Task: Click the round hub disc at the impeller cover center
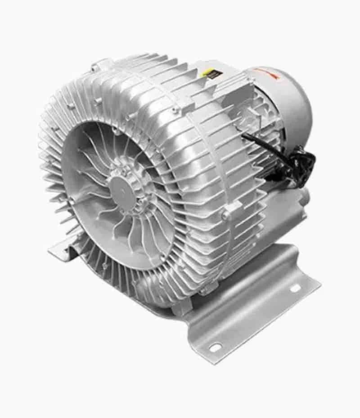pyautogui.click(x=121, y=184)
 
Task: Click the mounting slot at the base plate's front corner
pyautogui.click(x=215, y=347)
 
